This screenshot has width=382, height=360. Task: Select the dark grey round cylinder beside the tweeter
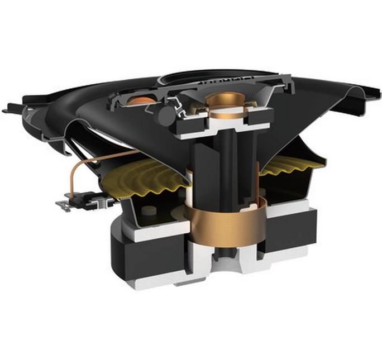[165, 115]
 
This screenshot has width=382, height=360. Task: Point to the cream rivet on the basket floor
[149, 210]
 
